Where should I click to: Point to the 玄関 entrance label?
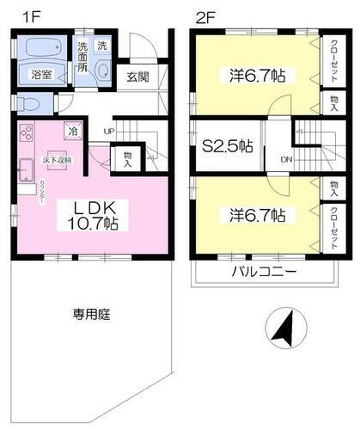[x=137, y=77]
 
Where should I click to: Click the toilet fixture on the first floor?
[x=29, y=105]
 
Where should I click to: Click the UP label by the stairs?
[x=108, y=131]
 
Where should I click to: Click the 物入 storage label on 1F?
[x=128, y=157]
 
